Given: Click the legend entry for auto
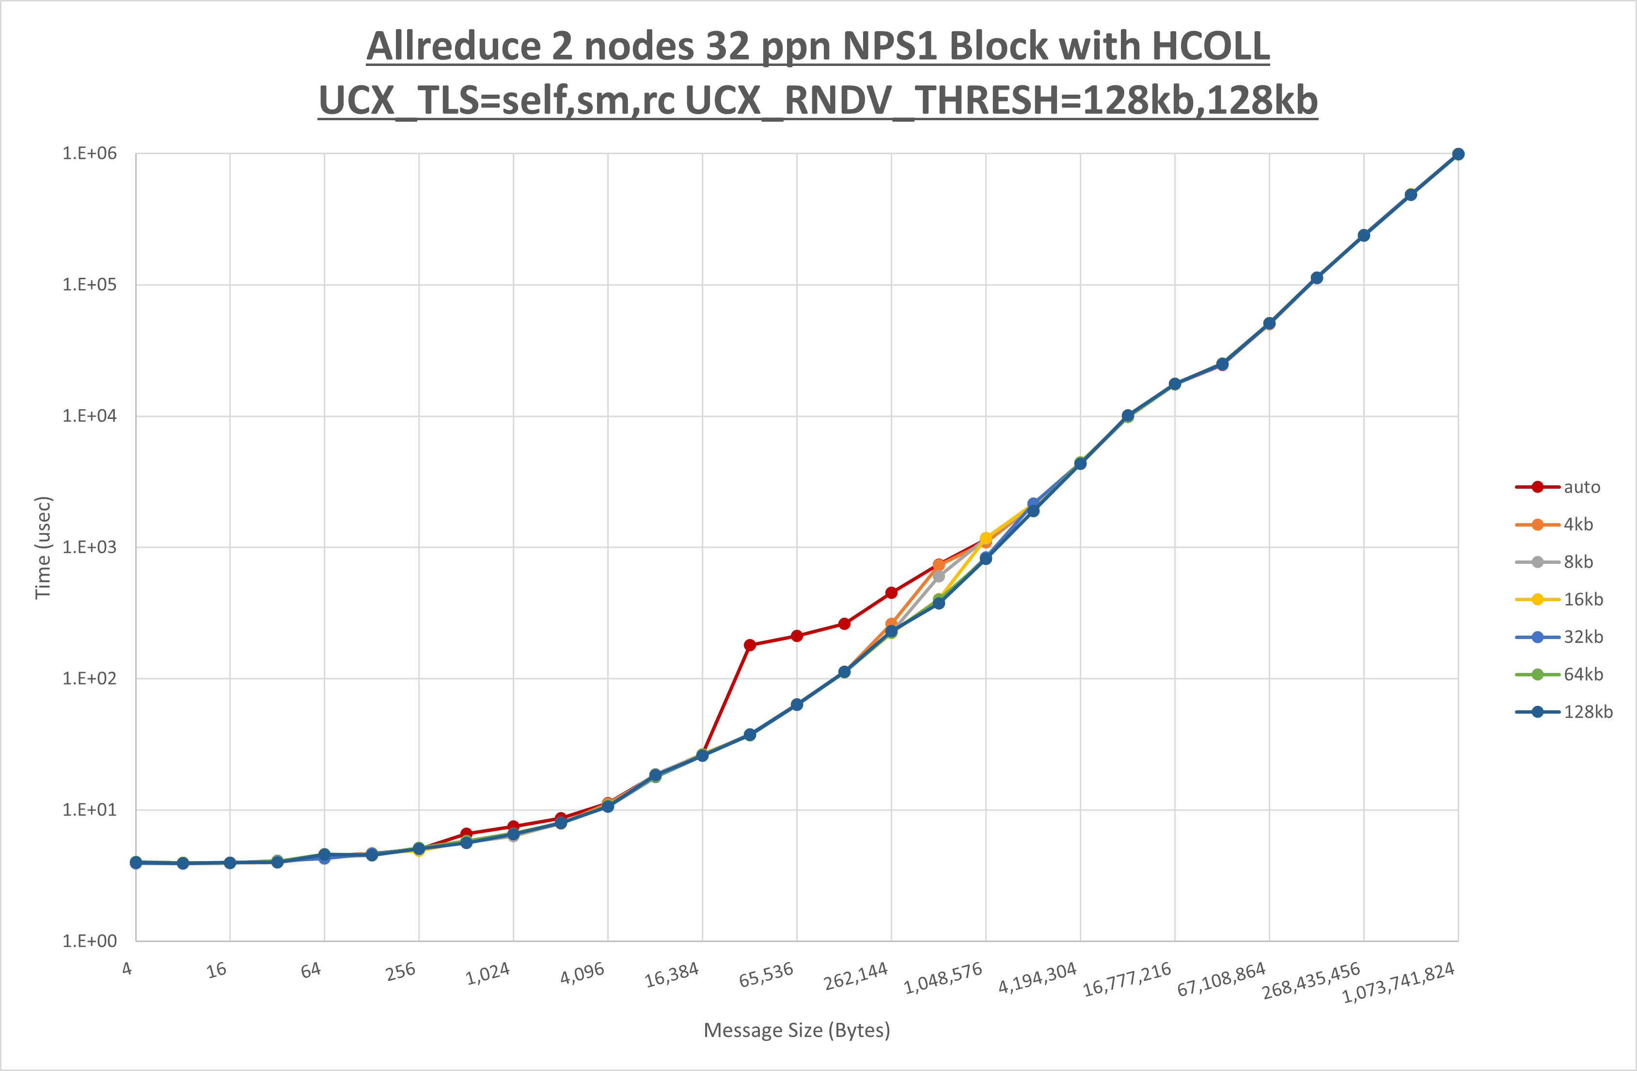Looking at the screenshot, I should click(1581, 487).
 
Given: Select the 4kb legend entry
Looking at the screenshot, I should click(1578, 525).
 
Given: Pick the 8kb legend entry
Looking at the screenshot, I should click(1578, 562).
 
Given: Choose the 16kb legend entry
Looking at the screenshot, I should click(1583, 600).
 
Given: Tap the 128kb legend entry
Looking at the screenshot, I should click(1588, 712).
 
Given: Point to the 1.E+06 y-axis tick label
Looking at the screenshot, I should click(90, 154).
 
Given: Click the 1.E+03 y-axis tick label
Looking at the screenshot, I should click(90, 547).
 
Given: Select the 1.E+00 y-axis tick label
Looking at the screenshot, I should click(90, 941).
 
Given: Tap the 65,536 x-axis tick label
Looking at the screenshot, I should click(766, 975).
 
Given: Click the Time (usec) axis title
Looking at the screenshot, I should click(43, 547).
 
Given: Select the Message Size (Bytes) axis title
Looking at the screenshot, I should click(797, 1030).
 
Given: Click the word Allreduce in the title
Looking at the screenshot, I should click(454, 47).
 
